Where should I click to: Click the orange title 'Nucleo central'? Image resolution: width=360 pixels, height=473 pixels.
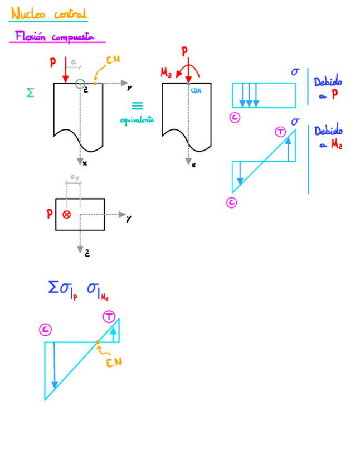point(48,13)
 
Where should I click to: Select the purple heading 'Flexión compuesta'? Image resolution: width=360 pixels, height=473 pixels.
point(58,37)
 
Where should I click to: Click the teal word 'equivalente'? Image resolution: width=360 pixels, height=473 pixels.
point(137,119)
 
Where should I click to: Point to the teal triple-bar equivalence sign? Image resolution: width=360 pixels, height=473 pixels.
point(137,105)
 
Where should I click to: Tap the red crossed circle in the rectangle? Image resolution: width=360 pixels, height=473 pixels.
point(67,214)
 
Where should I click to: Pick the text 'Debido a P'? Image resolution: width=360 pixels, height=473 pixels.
point(328,88)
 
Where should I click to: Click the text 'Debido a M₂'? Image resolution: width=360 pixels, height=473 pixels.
point(328,138)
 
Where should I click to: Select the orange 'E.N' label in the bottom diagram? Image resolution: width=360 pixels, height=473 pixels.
point(114,363)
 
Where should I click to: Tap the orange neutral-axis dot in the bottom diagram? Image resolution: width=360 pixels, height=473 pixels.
point(98,342)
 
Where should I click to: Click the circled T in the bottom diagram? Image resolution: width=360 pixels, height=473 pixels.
point(109,317)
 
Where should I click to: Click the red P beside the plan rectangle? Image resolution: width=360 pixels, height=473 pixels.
point(50,214)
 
